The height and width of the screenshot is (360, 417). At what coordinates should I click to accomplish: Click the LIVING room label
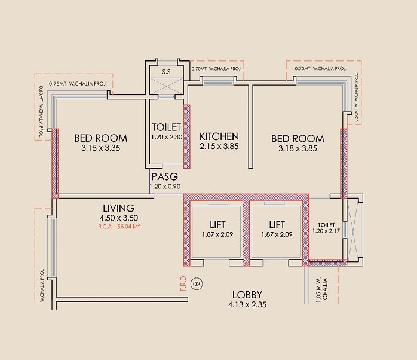[x=117, y=208]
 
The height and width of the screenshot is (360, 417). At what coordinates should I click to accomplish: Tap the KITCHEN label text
[x=219, y=136]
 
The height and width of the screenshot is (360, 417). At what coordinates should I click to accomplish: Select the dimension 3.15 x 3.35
[x=102, y=148]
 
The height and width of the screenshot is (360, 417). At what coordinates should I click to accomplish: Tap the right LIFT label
[x=275, y=225]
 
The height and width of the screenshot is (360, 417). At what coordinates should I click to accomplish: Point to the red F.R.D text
[x=183, y=283]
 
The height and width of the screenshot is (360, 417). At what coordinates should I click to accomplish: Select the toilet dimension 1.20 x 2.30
[x=166, y=137]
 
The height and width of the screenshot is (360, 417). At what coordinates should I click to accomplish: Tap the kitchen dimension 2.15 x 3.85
[x=219, y=147]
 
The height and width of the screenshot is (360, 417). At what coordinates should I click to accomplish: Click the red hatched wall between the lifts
[x=246, y=233]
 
